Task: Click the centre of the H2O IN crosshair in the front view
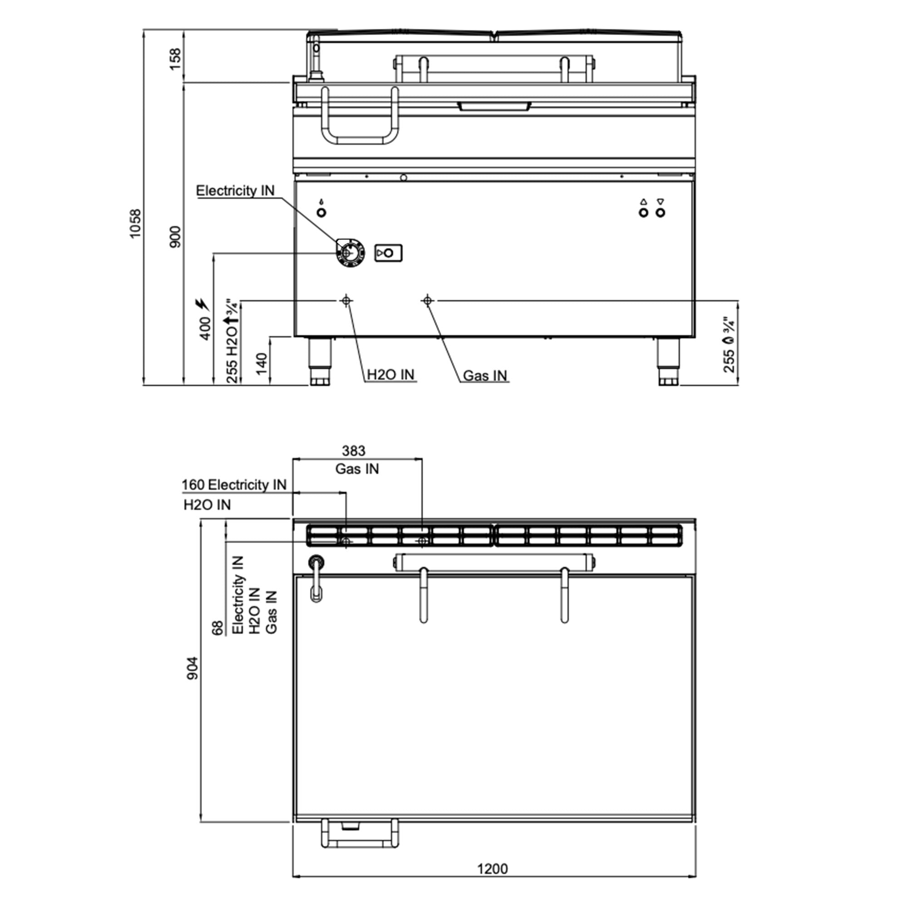click(346, 300)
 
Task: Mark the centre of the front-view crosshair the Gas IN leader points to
click(427, 300)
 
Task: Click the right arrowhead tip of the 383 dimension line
click(422, 459)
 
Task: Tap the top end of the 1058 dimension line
click(144, 30)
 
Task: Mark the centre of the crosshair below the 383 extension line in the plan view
click(423, 542)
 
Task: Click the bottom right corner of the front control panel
click(694, 336)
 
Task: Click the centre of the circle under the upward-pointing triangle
click(643, 213)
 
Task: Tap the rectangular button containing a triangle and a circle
click(388, 253)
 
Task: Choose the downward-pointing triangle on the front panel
click(660, 202)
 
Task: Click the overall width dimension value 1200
click(493, 869)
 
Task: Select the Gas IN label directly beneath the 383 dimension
click(357, 469)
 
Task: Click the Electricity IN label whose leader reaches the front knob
click(235, 190)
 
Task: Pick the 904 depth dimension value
click(192, 668)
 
